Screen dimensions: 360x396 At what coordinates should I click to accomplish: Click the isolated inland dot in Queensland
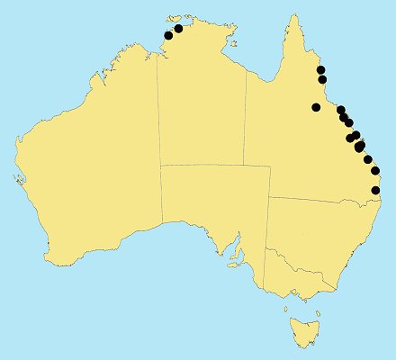316,107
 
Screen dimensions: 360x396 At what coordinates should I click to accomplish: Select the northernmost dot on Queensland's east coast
320,70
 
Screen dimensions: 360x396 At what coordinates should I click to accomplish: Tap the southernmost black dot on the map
375,190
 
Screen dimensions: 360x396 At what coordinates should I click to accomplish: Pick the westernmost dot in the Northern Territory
167,36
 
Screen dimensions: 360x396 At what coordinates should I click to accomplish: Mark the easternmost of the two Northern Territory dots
178,27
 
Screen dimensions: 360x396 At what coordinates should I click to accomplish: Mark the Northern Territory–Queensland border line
246,117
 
